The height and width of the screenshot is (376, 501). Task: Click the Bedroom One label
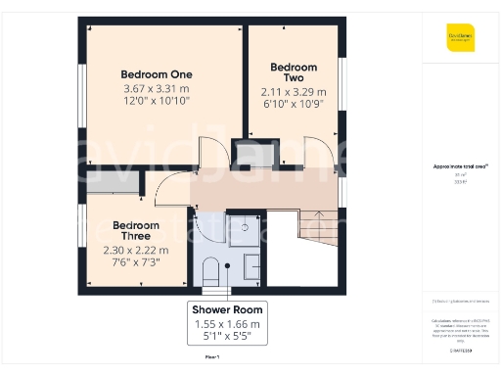[157, 74]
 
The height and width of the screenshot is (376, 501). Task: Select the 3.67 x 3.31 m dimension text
[157, 88]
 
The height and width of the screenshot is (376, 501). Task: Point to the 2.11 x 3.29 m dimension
[294, 92]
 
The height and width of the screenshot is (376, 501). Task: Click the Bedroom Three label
[136, 230]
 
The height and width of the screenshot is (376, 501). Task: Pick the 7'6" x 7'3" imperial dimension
[136, 262]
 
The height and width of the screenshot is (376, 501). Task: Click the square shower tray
[244, 231]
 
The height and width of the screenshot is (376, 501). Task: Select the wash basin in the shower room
[252, 264]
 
